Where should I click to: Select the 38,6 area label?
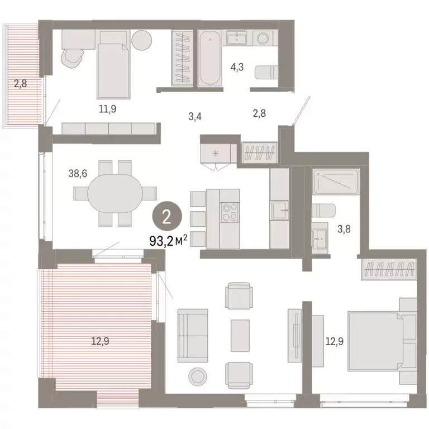[77, 174]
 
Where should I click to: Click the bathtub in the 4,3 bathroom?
[209, 58]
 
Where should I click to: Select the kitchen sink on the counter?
[279, 211]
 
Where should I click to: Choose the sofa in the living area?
[192, 335]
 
